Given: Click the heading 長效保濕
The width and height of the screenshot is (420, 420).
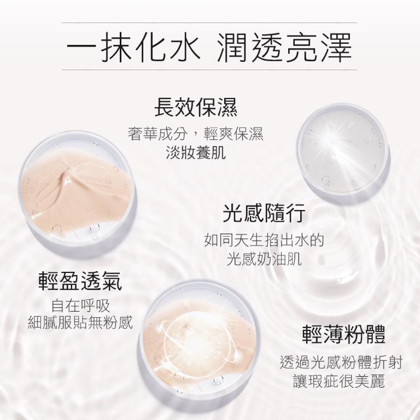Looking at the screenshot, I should (x=196, y=107).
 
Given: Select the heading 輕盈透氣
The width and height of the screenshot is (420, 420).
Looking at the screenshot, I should (x=80, y=281).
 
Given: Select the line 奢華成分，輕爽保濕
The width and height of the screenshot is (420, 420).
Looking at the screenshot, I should (x=196, y=135).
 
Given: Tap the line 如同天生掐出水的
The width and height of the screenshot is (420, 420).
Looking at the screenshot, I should (x=264, y=240).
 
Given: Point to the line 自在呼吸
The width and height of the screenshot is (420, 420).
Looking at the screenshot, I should (x=80, y=305).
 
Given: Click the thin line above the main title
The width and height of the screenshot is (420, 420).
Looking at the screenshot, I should (x=209, y=23).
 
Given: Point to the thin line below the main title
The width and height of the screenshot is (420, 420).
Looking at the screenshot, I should (x=209, y=70).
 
